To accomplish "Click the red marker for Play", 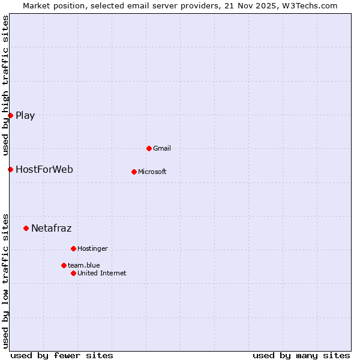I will pyautogui.click(x=10, y=115).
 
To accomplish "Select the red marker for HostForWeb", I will pyautogui.click(x=10, y=169).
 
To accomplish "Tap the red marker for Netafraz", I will pyautogui.click(x=26, y=228).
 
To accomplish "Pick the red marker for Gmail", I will pyautogui.click(x=149, y=148).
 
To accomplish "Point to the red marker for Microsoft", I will pyautogui.click(x=134, y=172).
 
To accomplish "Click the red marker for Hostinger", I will pyautogui.click(x=73, y=248).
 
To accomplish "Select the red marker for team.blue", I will pyautogui.click(x=64, y=265).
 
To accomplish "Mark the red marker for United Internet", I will pyautogui.click(x=73, y=273).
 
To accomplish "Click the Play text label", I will pyautogui.click(x=25, y=116).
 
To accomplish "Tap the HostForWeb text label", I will pyautogui.click(x=44, y=170).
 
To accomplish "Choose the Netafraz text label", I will pyautogui.click(x=52, y=229).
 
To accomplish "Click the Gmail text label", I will pyautogui.click(x=162, y=148).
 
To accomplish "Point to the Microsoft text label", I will pyautogui.click(x=152, y=172).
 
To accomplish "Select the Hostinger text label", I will pyautogui.click(x=92, y=248).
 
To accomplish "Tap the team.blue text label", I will pyautogui.click(x=84, y=265).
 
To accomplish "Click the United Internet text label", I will pyautogui.click(x=102, y=273).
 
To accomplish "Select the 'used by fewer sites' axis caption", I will pyautogui.click(x=62, y=355).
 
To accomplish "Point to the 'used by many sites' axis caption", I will pyautogui.click(x=301, y=355).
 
